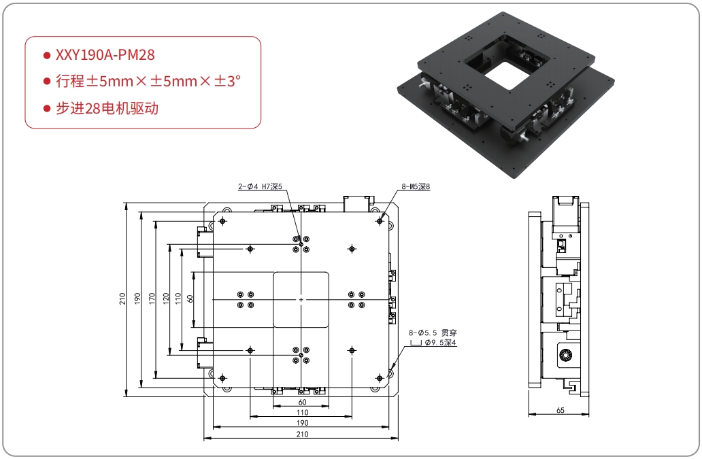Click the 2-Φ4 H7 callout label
coord(259,185)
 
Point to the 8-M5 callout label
coord(416,185)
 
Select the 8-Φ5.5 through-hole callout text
coord(433,333)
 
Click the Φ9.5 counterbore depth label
coord(440,343)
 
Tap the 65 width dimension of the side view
coord(560,411)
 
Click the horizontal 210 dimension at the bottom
coord(301,434)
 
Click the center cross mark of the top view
coord(301,299)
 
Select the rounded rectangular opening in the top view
coord(301,299)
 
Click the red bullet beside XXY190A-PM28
coord(46,55)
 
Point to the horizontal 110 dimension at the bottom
coord(301,413)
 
